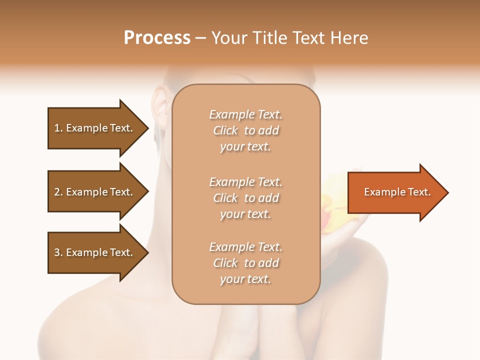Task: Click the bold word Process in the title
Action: [157, 37]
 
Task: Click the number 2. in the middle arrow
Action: [58, 192]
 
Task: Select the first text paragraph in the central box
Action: [245, 130]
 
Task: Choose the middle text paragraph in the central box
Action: [245, 198]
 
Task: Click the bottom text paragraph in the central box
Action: [245, 263]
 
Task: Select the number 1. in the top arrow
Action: [58, 128]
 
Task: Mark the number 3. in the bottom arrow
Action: [58, 252]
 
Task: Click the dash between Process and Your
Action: [201, 38]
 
